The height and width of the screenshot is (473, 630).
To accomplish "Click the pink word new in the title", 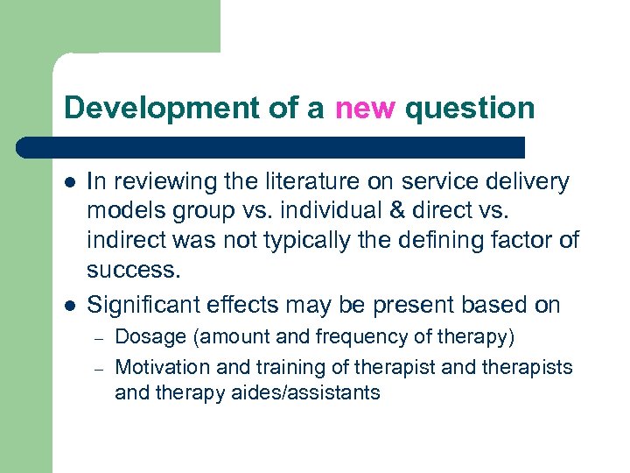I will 365,108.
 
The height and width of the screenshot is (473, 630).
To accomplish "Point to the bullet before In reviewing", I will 70,183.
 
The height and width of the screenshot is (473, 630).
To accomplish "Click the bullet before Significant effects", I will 70,306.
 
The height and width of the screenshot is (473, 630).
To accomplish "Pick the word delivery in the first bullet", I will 528,182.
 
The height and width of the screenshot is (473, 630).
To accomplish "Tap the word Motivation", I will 162,367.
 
